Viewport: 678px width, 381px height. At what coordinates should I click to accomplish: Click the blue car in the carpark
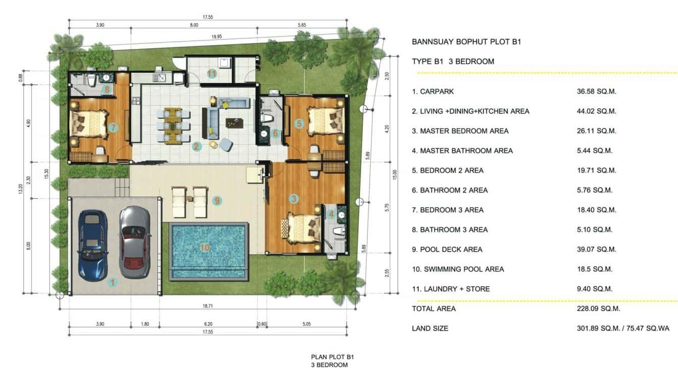tap(92, 245)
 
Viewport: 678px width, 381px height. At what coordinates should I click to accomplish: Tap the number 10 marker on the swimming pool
tap(205, 247)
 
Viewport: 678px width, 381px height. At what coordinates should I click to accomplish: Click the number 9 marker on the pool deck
tap(217, 201)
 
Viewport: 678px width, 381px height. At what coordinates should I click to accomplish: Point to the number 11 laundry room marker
tap(212, 74)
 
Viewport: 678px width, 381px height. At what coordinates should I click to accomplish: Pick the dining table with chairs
tap(173, 124)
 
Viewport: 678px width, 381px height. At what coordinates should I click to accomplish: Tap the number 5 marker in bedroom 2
tap(299, 123)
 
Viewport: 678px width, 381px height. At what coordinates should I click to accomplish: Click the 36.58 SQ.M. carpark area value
tap(596, 91)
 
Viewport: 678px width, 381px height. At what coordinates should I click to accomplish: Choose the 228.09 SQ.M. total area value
tap(598, 308)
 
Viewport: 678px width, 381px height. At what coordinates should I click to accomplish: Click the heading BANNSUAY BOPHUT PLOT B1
tap(466, 42)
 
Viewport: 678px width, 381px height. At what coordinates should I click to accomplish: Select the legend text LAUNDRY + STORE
tap(455, 289)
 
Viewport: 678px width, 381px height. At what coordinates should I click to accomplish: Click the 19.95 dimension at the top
tap(216, 36)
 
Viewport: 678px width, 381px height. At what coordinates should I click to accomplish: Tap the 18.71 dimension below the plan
tap(208, 306)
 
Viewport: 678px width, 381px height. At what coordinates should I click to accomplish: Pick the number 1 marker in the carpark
tap(113, 283)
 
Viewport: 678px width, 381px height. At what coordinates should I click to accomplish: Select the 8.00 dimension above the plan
tap(194, 24)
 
